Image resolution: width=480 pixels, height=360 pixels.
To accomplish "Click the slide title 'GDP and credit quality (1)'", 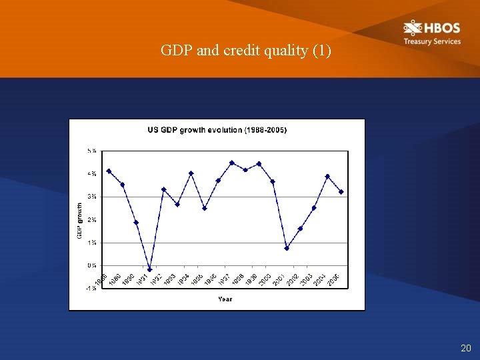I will (245, 51).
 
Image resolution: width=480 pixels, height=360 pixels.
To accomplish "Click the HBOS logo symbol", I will (413, 28).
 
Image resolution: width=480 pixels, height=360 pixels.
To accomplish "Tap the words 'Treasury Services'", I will (431, 41).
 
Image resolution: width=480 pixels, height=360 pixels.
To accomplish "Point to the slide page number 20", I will (465, 348).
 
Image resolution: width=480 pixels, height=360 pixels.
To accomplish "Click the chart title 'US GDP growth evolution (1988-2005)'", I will (217, 129).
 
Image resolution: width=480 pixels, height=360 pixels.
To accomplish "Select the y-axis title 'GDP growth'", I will (79, 221).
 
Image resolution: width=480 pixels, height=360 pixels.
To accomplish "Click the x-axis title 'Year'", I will (225, 299).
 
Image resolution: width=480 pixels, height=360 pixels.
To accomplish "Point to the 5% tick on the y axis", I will (91, 151).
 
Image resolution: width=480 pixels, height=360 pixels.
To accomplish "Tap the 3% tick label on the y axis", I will (91, 197).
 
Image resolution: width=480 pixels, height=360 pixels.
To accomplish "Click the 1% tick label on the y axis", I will (91, 243).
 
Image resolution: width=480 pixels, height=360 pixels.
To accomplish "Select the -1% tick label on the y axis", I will (90, 288).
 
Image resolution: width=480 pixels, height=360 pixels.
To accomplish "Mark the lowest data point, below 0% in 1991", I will (150, 269).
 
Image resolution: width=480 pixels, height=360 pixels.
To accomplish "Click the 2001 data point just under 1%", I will (287, 248).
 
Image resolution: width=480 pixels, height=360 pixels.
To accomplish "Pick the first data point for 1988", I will (109, 171).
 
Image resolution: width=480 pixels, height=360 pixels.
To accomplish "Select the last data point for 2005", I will (341, 192).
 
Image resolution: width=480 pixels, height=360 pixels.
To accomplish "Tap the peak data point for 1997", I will (232, 163).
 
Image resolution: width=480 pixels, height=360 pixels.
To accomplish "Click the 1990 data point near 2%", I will (136, 223).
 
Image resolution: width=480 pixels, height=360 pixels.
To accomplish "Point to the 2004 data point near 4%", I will (327, 177).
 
